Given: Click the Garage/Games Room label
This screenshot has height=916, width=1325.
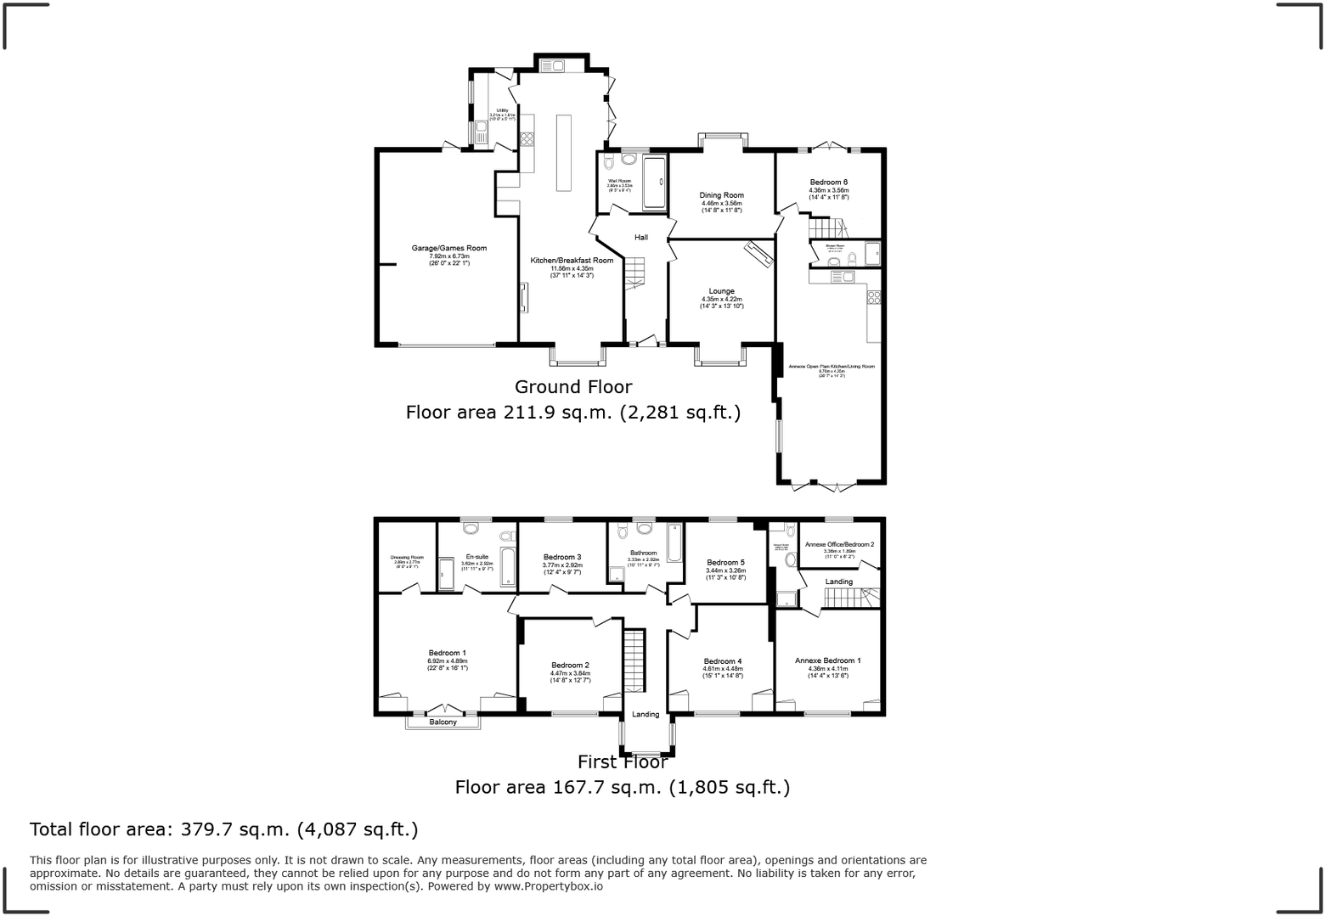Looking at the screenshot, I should click(449, 248).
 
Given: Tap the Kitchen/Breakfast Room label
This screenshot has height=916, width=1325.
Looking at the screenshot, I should click(572, 261).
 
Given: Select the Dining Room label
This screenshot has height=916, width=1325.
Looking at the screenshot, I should click(721, 195).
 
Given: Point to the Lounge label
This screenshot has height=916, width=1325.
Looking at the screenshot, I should click(721, 291).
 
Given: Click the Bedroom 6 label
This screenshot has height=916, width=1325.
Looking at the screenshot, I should click(828, 183).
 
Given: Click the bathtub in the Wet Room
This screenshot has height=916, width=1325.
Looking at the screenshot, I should click(655, 182).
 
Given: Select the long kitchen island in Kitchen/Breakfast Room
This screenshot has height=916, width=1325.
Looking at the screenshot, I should click(563, 153).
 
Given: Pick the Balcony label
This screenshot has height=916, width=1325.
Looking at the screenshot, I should click(443, 722).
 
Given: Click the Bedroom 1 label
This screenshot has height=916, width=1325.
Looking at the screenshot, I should click(447, 654).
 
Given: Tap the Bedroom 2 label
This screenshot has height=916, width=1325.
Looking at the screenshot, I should click(570, 665).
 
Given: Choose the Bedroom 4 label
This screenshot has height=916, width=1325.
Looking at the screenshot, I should click(722, 661).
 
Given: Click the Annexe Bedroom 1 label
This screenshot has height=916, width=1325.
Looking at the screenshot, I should click(827, 660).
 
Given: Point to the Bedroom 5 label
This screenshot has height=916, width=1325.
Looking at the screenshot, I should click(725, 563).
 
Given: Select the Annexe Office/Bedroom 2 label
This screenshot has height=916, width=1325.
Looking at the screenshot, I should click(839, 544).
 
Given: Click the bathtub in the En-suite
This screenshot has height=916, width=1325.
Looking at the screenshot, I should click(508, 566).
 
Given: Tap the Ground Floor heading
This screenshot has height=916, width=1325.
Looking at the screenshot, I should click(573, 387).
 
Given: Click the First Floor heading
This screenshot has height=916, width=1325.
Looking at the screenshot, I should click(623, 761).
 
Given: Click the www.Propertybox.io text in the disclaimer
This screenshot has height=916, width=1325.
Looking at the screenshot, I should click(549, 886).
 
